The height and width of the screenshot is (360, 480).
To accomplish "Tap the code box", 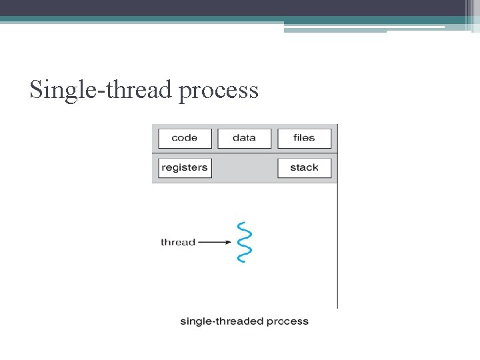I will point(185,138).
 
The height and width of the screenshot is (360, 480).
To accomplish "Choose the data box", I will point(244,138).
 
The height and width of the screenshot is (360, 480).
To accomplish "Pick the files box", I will point(304,138).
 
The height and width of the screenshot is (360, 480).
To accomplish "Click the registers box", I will point(185,167).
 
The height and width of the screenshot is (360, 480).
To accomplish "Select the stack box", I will point(304,167).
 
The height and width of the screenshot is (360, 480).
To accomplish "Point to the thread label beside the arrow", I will point(177,242).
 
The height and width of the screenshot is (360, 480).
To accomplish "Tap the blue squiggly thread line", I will point(243,242).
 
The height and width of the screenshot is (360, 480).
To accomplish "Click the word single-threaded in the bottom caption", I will point(221,321).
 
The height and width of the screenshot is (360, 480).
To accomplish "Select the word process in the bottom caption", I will point(287,322).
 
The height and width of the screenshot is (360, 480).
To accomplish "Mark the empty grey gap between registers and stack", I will point(244,167).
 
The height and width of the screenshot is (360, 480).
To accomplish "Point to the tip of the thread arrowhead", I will point(231,242).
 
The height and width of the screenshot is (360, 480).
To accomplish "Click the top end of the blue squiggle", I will point(241,223).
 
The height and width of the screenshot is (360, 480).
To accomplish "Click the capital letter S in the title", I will point(36,89).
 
